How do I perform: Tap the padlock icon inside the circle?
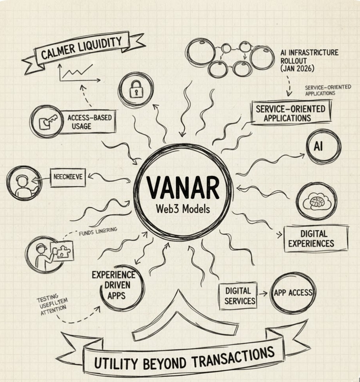[136, 90]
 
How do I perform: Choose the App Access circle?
[293, 293]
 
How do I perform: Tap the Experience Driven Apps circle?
[113, 285]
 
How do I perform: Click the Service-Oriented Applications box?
[291, 113]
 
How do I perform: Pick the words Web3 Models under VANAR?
[183, 209]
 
